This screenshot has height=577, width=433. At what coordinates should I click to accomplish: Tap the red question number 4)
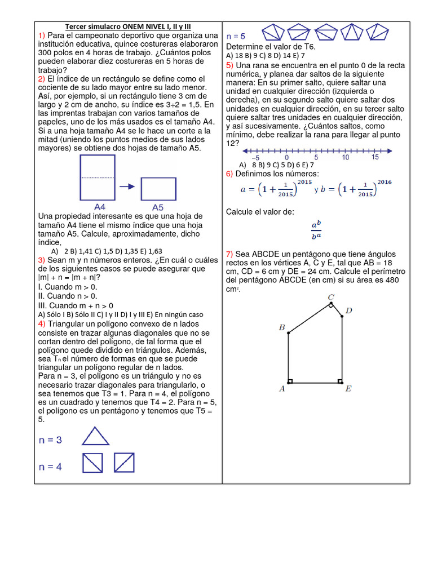pos(42,324)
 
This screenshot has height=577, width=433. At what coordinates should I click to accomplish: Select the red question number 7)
pos(229,254)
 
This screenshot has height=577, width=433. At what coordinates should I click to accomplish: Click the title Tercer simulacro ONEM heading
pos(128,26)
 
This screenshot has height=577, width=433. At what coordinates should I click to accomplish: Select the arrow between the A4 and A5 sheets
pos(127,187)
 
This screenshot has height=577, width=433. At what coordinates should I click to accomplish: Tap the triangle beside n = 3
pos(96,437)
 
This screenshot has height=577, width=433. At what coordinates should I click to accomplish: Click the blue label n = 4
pos(51,467)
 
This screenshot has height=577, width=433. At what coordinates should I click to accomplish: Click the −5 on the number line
pos(255,158)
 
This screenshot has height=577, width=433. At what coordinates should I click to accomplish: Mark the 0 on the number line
pos(287,158)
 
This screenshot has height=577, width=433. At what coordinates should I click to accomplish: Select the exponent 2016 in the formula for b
pos(384,182)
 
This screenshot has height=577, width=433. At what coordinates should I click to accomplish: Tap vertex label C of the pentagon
pos(331,297)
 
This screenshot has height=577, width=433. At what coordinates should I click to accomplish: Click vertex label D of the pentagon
pos(349,310)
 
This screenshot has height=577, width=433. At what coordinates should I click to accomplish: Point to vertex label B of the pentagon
pos(281,327)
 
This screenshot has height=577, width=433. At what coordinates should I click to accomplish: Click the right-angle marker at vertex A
pos(291,380)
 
